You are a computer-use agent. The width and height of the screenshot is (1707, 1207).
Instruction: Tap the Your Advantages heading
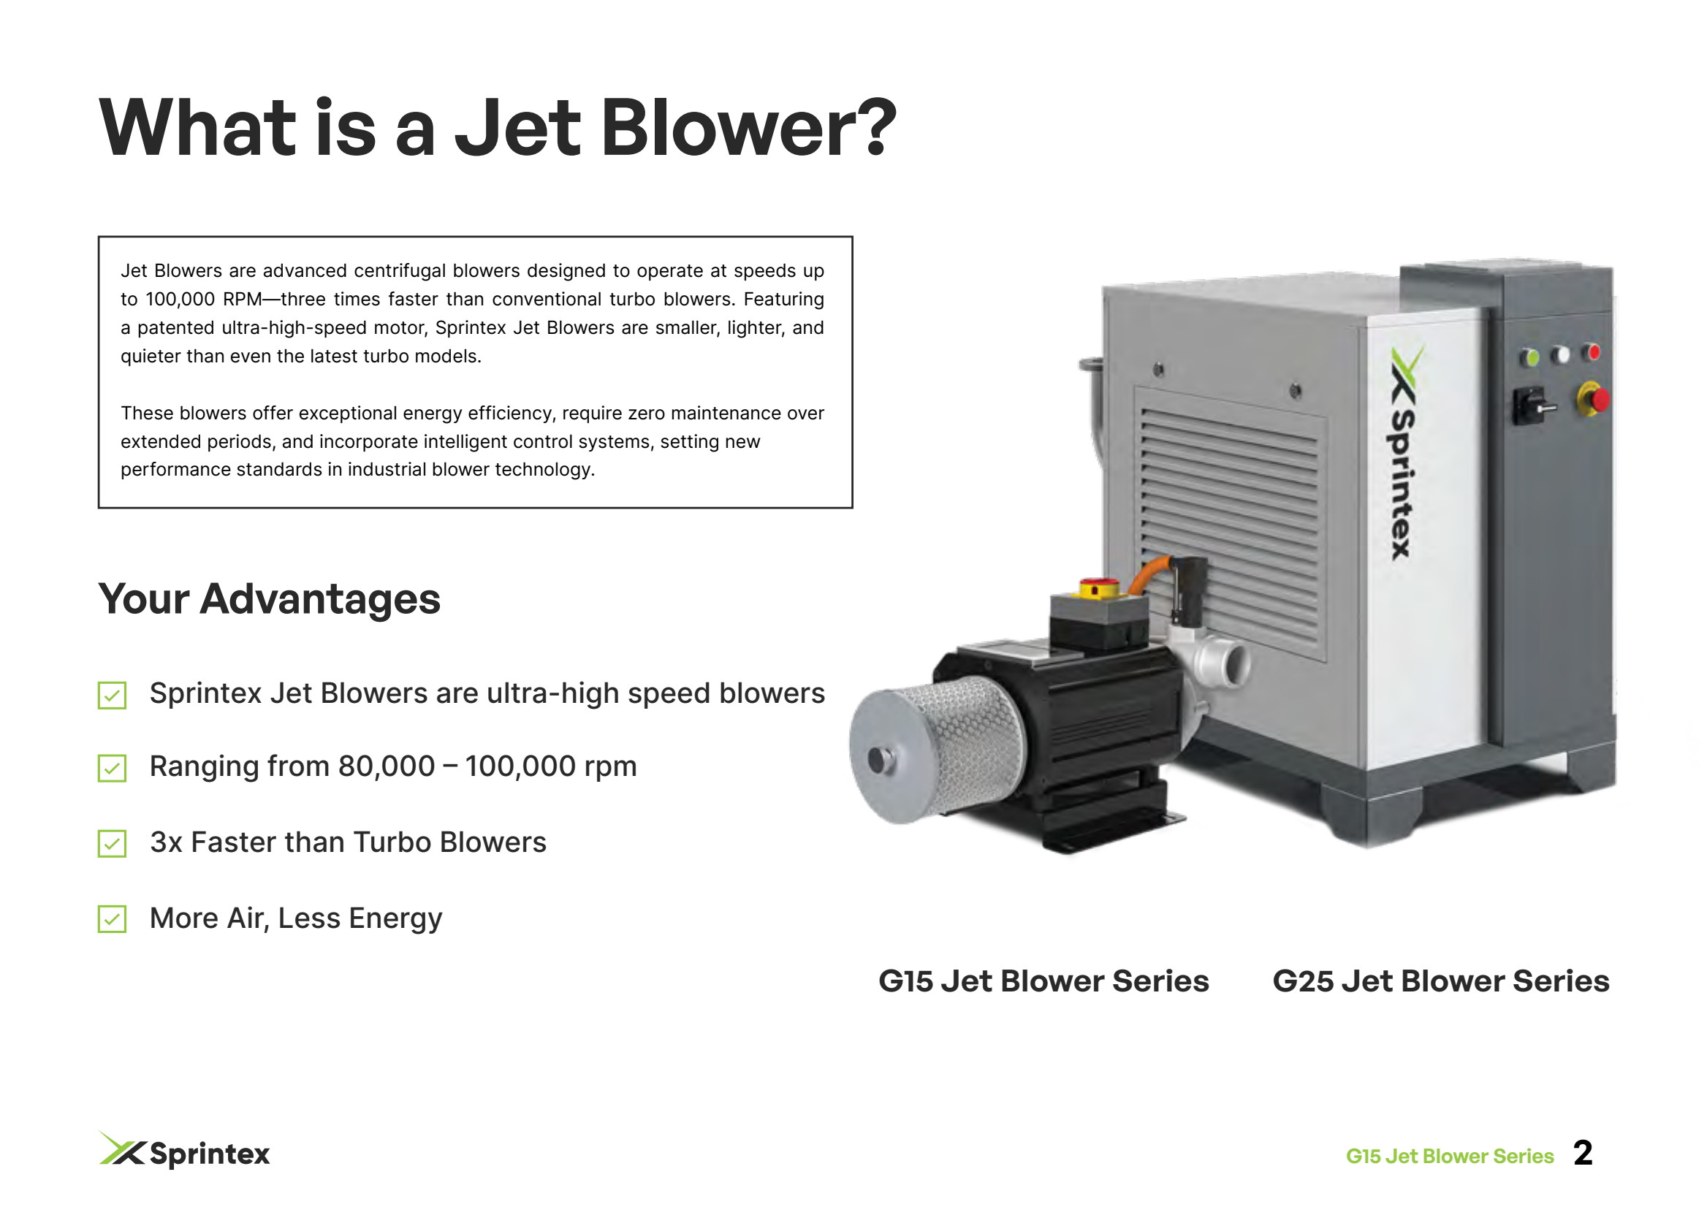click(x=269, y=598)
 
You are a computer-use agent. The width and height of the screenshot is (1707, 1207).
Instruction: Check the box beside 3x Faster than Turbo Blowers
click(x=113, y=844)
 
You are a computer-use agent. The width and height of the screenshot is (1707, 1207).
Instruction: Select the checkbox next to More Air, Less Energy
click(x=113, y=918)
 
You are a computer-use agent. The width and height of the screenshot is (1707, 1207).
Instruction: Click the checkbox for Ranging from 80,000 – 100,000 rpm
click(x=113, y=768)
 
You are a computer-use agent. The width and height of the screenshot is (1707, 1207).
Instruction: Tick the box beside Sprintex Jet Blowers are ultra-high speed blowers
click(x=113, y=695)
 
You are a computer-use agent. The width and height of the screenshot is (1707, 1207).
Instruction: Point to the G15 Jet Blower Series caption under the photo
click(x=1043, y=981)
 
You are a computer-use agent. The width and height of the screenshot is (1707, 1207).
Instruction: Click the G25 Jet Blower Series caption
click(x=1441, y=981)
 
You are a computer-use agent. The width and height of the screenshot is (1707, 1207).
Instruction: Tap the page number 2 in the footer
click(x=1583, y=1154)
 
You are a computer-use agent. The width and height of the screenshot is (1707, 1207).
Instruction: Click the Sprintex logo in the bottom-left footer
click(x=184, y=1151)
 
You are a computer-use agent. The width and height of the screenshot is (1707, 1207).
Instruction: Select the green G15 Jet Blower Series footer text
click(x=1450, y=1156)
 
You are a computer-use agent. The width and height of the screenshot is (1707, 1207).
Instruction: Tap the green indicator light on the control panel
click(x=1529, y=357)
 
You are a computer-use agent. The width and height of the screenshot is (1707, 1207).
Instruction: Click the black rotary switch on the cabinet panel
click(x=1530, y=405)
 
